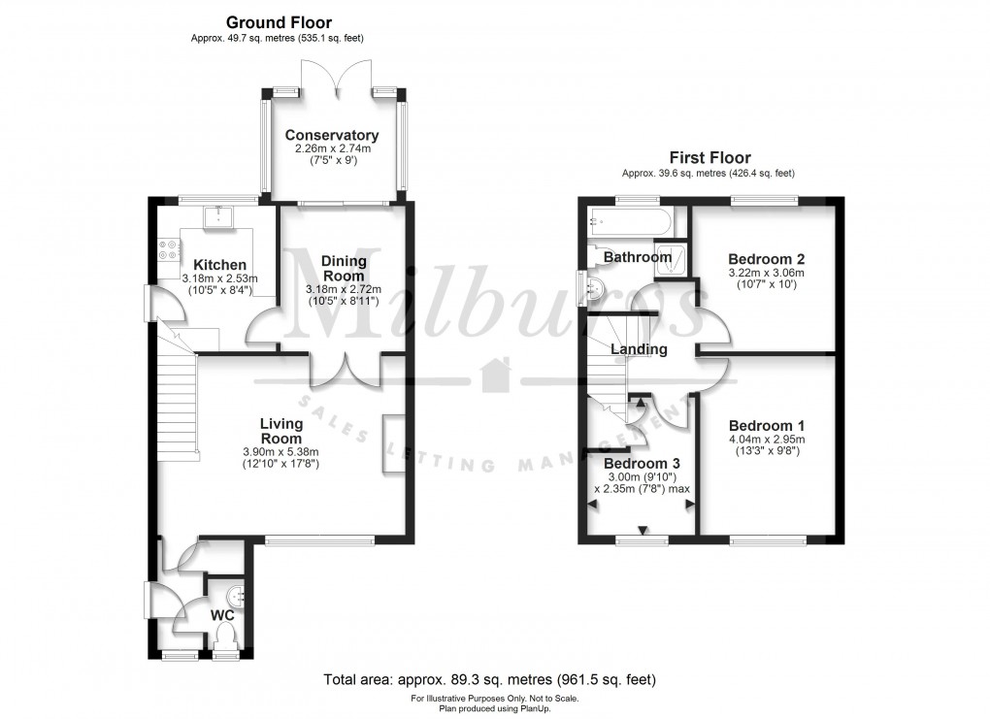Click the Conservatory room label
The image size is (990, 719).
click(337, 136)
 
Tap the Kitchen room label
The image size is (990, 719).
click(219, 265)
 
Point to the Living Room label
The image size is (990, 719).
click(280, 431)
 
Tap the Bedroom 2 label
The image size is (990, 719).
click(767, 259)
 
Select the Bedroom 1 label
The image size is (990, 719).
click(767, 426)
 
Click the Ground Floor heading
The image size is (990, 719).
click(279, 22)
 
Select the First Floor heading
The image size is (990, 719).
click(709, 157)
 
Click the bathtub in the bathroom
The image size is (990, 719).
click(629, 222)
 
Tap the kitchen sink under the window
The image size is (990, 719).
click(218, 215)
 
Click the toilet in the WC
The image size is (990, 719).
click(227, 636)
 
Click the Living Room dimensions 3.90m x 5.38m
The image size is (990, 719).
click(280, 451)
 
